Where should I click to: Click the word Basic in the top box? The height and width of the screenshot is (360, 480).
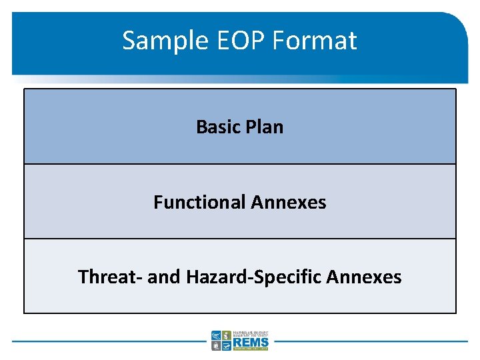point(217,127)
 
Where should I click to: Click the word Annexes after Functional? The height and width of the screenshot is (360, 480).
point(289,202)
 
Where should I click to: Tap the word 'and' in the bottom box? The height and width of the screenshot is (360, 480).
point(163,277)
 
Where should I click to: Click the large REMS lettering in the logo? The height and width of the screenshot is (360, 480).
point(250,341)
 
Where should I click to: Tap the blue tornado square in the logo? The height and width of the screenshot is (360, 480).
point(216,335)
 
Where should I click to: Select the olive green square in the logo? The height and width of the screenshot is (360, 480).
point(226,335)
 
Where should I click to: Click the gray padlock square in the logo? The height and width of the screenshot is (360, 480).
point(216,345)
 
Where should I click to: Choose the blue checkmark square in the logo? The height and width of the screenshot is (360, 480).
point(226,345)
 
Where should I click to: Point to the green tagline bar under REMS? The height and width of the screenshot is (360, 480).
point(250,349)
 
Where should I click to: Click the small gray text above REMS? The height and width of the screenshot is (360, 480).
point(250,333)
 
